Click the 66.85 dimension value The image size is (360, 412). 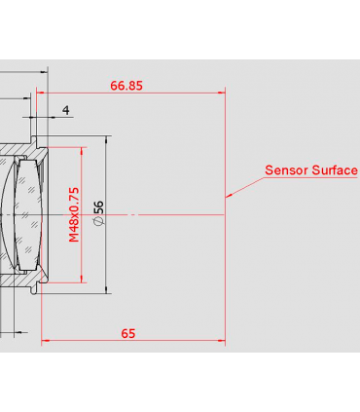[x=126, y=86]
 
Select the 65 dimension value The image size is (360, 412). [x=127, y=333]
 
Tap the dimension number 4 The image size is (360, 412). [x=65, y=110]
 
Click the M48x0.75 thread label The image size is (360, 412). [x=74, y=214]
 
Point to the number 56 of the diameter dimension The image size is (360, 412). [x=98, y=208]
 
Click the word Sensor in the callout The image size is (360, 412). [x=286, y=170]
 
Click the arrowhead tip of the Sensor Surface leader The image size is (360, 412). [x=228, y=190]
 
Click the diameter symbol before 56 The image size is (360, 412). [x=98, y=224]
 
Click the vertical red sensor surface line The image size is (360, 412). [x=226, y=243]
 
